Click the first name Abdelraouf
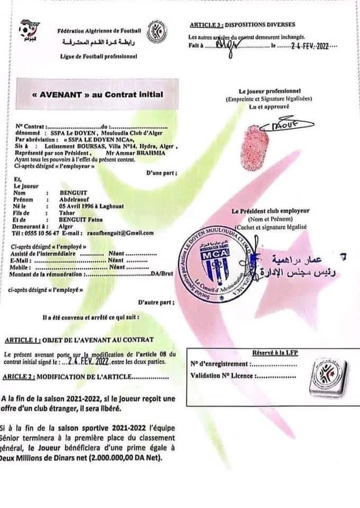[x=77, y=200]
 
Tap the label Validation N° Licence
[x=222, y=377]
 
